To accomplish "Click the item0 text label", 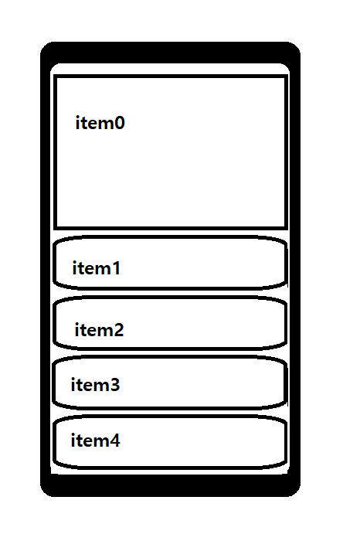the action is click(100, 123).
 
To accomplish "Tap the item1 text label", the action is click(96, 268).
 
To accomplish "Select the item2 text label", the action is click(99, 330).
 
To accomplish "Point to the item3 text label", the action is click(95, 385).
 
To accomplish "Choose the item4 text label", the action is click(95, 441).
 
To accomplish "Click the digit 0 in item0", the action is click(119, 123).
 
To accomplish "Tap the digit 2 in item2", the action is click(117, 330).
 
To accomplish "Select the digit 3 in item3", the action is click(114, 385).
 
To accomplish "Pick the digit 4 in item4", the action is click(114, 441).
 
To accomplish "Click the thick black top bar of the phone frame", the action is click(171, 53).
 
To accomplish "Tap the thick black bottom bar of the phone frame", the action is click(171, 485).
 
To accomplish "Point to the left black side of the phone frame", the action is click(46, 269).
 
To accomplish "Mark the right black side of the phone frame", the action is click(295, 269).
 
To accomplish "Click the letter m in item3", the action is click(99, 386).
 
